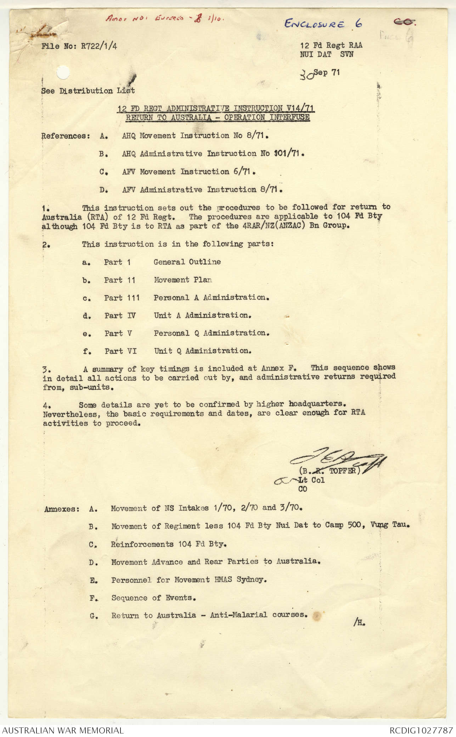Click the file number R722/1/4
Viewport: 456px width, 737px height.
click(x=99, y=46)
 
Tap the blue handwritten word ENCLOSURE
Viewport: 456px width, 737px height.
click(x=314, y=24)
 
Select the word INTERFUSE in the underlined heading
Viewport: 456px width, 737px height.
click(x=289, y=117)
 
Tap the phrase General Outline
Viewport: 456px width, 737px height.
click(x=187, y=262)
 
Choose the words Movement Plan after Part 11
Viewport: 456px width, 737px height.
click(x=183, y=280)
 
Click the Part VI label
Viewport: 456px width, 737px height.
click(x=120, y=351)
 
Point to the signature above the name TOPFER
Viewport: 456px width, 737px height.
click(x=337, y=459)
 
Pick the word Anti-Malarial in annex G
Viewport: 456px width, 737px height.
click(x=238, y=615)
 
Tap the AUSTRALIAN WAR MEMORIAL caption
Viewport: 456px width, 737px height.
click(x=63, y=730)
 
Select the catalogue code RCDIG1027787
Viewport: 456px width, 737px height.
click(x=421, y=730)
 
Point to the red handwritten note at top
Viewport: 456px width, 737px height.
click(x=164, y=19)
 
